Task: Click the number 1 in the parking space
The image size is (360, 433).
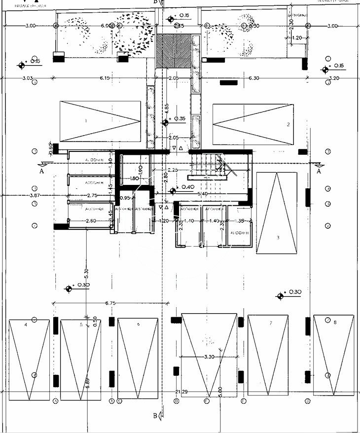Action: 86,120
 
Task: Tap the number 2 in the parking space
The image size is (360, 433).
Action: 288,124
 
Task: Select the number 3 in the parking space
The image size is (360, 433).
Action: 278,238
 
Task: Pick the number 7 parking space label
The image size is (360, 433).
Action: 271,324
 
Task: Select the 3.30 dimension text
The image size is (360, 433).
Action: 209,357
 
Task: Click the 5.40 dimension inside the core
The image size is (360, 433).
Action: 202,194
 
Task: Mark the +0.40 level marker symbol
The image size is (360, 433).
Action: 173,191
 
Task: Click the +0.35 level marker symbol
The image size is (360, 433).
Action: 166,122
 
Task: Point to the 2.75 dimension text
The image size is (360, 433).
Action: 92,196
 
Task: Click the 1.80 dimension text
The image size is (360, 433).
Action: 134,179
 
